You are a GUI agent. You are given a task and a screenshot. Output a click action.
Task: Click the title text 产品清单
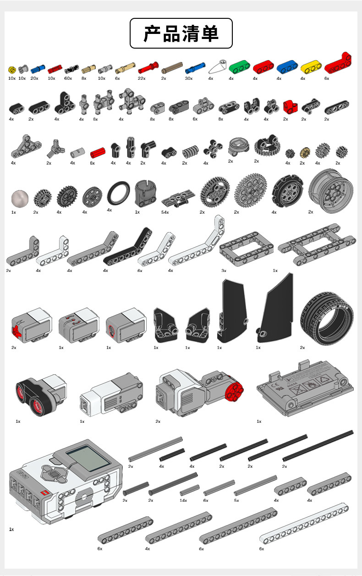click(x=181, y=33)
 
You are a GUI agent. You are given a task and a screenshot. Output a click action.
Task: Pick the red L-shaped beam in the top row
click(x=338, y=64)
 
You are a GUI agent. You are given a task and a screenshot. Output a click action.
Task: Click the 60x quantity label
click(x=68, y=78)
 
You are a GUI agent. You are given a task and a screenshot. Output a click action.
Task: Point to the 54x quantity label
click(x=165, y=212)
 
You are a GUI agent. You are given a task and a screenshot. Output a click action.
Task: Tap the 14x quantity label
click(x=183, y=500)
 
